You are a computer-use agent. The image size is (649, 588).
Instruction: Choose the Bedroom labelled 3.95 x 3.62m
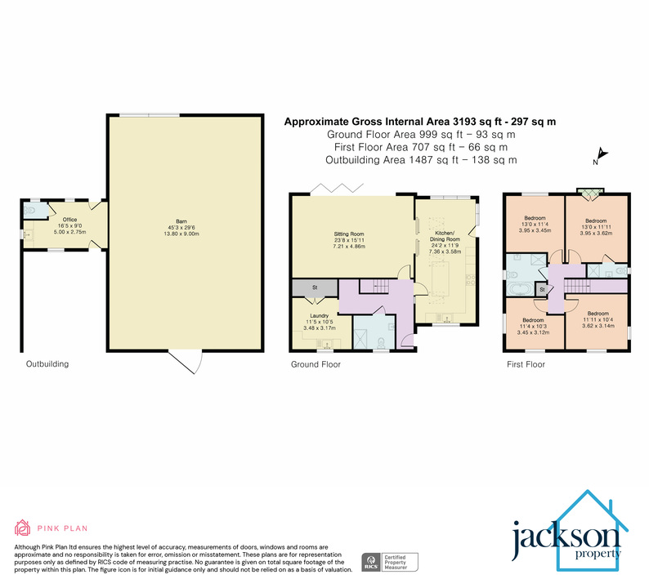596,226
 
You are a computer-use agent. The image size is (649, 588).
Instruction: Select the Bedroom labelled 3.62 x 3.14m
597,318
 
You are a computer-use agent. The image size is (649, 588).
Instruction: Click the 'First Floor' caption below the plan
526,364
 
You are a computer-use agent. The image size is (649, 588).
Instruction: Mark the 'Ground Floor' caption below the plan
316,364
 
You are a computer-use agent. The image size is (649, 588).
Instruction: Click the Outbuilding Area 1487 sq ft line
421,160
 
